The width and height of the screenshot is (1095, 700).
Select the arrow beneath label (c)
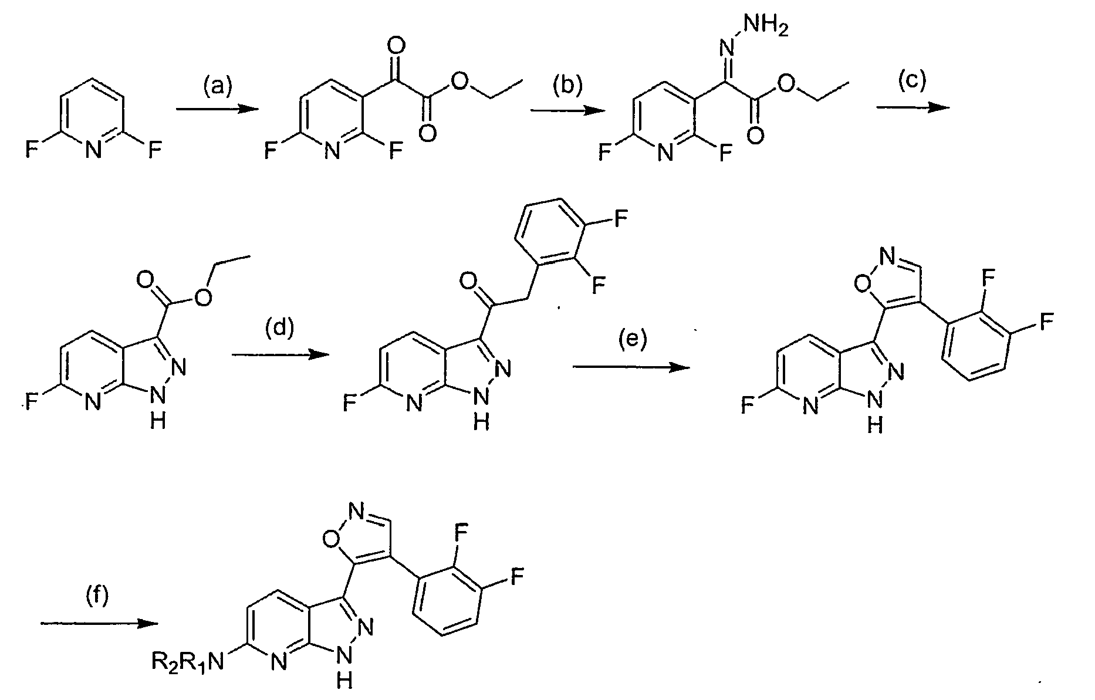point(912,106)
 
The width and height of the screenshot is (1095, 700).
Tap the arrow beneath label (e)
point(631,367)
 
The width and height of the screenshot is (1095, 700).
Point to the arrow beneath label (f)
point(100,624)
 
